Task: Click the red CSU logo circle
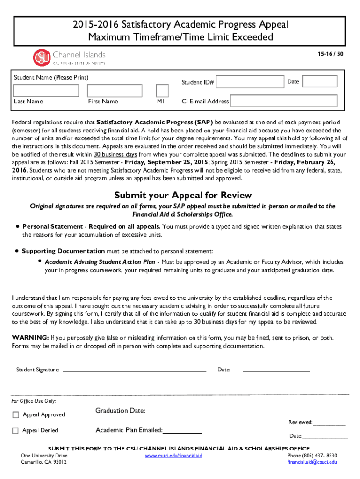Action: pos(41,58)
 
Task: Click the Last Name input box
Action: pos(44,90)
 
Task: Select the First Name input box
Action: pos(115,90)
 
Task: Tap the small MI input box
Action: pos(162,90)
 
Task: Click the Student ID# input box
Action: pos(250,82)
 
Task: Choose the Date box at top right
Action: pos(310,81)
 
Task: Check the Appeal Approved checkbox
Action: pos(15,414)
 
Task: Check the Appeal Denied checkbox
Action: pos(15,430)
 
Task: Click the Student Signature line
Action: pos(134,370)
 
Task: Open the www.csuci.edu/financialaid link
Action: pos(173,455)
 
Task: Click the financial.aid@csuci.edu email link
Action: pos(312,462)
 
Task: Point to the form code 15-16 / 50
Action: pos(334,54)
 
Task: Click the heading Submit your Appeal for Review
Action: pos(183,195)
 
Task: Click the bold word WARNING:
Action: pos(30,338)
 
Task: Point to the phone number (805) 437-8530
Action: pos(312,455)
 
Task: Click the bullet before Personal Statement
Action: pos(17,226)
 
